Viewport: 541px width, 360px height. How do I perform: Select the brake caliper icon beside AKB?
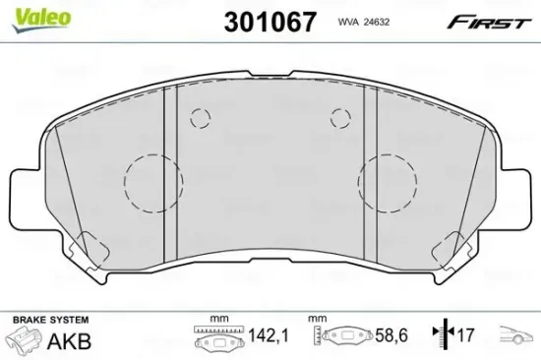(29, 341)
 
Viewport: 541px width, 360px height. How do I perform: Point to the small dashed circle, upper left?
(201, 119)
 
